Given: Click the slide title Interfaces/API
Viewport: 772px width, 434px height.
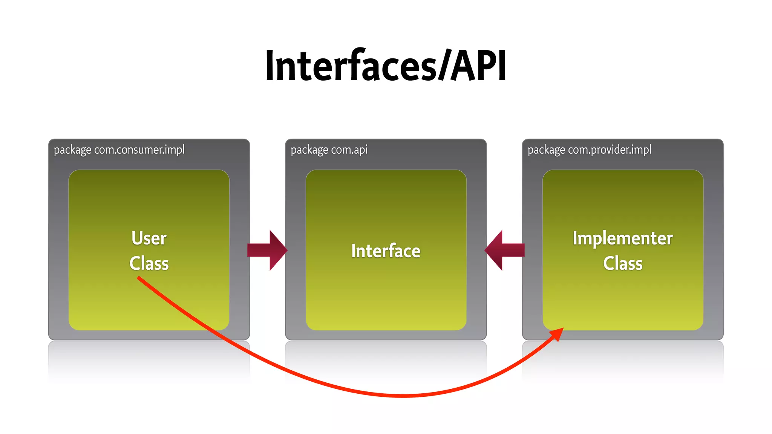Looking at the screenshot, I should pyautogui.click(x=386, y=66).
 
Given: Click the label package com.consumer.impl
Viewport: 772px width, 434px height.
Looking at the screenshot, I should pyautogui.click(x=119, y=150).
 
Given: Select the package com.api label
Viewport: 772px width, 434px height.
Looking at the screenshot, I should pyautogui.click(x=329, y=150).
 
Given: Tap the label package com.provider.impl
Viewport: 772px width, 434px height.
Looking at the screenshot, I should pyautogui.click(x=589, y=150).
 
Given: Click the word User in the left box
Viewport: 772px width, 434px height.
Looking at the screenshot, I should pyautogui.click(x=149, y=238).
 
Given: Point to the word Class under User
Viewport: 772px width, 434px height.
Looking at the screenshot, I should pyautogui.click(x=149, y=263).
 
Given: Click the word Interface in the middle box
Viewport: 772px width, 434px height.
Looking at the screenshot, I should pyautogui.click(x=386, y=251).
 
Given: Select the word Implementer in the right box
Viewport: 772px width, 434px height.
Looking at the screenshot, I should pyautogui.click(x=623, y=238).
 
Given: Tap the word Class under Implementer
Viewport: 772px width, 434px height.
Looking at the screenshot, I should pyautogui.click(x=623, y=263).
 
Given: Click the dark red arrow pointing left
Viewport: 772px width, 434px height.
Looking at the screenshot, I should pyautogui.click(x=504, y=250).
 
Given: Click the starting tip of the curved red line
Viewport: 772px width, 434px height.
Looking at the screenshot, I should pyautogui.click(x=138, y=278).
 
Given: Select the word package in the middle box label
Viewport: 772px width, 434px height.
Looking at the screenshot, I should pyautogui.click(x=309, y=150).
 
